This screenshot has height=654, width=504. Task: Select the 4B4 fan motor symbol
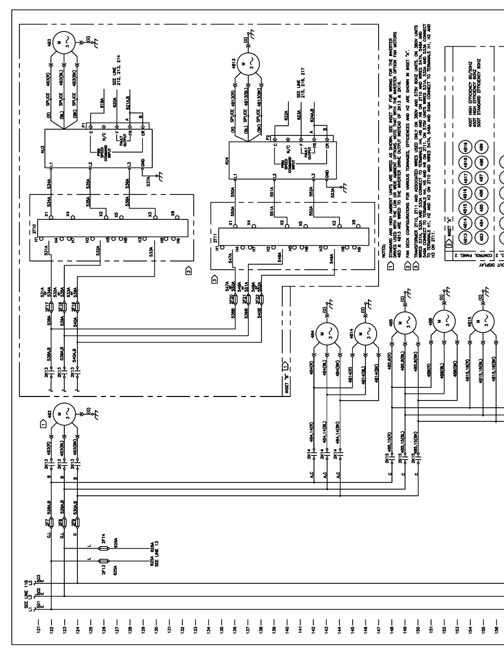point(322,334)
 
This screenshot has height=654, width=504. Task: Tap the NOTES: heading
point(384,265)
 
